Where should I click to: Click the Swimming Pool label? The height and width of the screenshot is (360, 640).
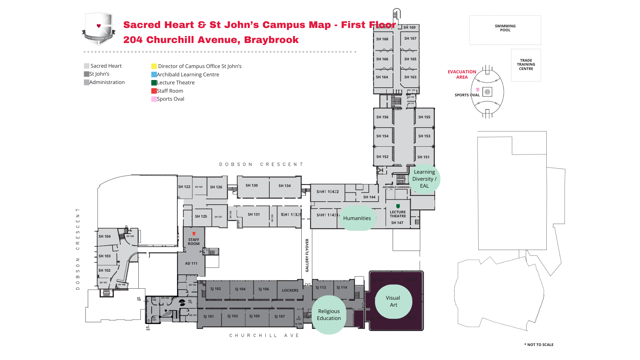505,28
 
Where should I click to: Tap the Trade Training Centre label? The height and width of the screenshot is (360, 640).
526,65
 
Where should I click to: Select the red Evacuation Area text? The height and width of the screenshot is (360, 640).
462,74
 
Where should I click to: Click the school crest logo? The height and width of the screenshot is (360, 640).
99,29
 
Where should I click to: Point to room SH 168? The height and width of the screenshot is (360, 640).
382,39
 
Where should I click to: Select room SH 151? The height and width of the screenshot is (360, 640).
423,157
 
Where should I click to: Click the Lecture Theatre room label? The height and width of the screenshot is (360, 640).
398,214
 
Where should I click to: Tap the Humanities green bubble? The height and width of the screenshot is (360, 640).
357,218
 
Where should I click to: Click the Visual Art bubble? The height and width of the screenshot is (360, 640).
393,301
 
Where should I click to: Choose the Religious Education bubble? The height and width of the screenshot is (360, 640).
329,315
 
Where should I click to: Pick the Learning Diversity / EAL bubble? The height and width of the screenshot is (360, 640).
424,179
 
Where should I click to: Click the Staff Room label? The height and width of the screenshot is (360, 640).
194,242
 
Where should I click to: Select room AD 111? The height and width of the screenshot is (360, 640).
191,263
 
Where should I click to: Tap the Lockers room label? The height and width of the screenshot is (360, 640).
290,290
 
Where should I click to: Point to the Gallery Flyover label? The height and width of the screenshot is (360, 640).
307,255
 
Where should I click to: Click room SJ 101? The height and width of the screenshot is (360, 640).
209,316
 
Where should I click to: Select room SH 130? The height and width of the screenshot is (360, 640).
252,185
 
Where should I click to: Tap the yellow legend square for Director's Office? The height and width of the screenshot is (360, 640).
154,66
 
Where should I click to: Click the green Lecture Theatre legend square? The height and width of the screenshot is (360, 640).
154,83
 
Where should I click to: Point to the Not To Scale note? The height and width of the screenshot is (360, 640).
539,345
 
